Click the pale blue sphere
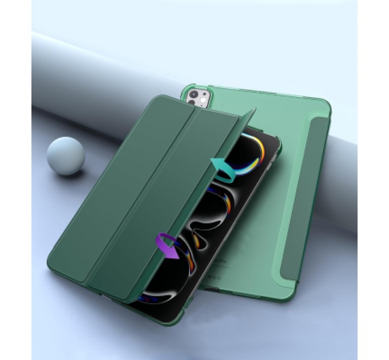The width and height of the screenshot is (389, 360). (x=65, y=155)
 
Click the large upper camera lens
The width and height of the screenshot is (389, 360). (x=194, y=94)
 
